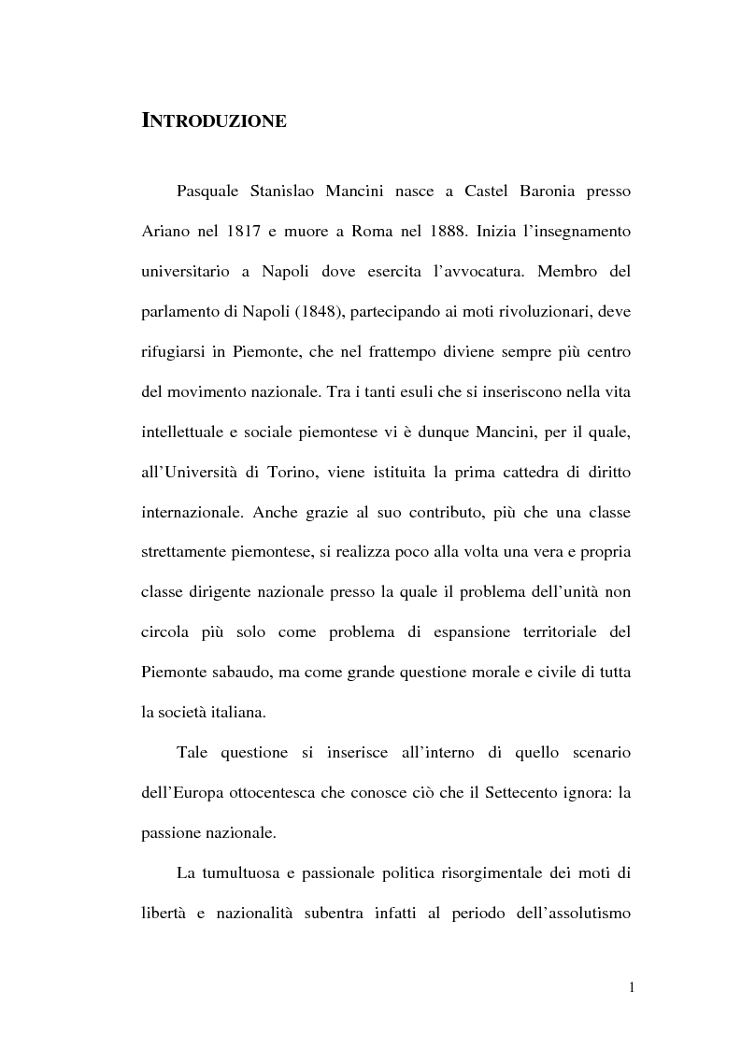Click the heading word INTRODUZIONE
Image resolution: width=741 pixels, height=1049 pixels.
(213, 120)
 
